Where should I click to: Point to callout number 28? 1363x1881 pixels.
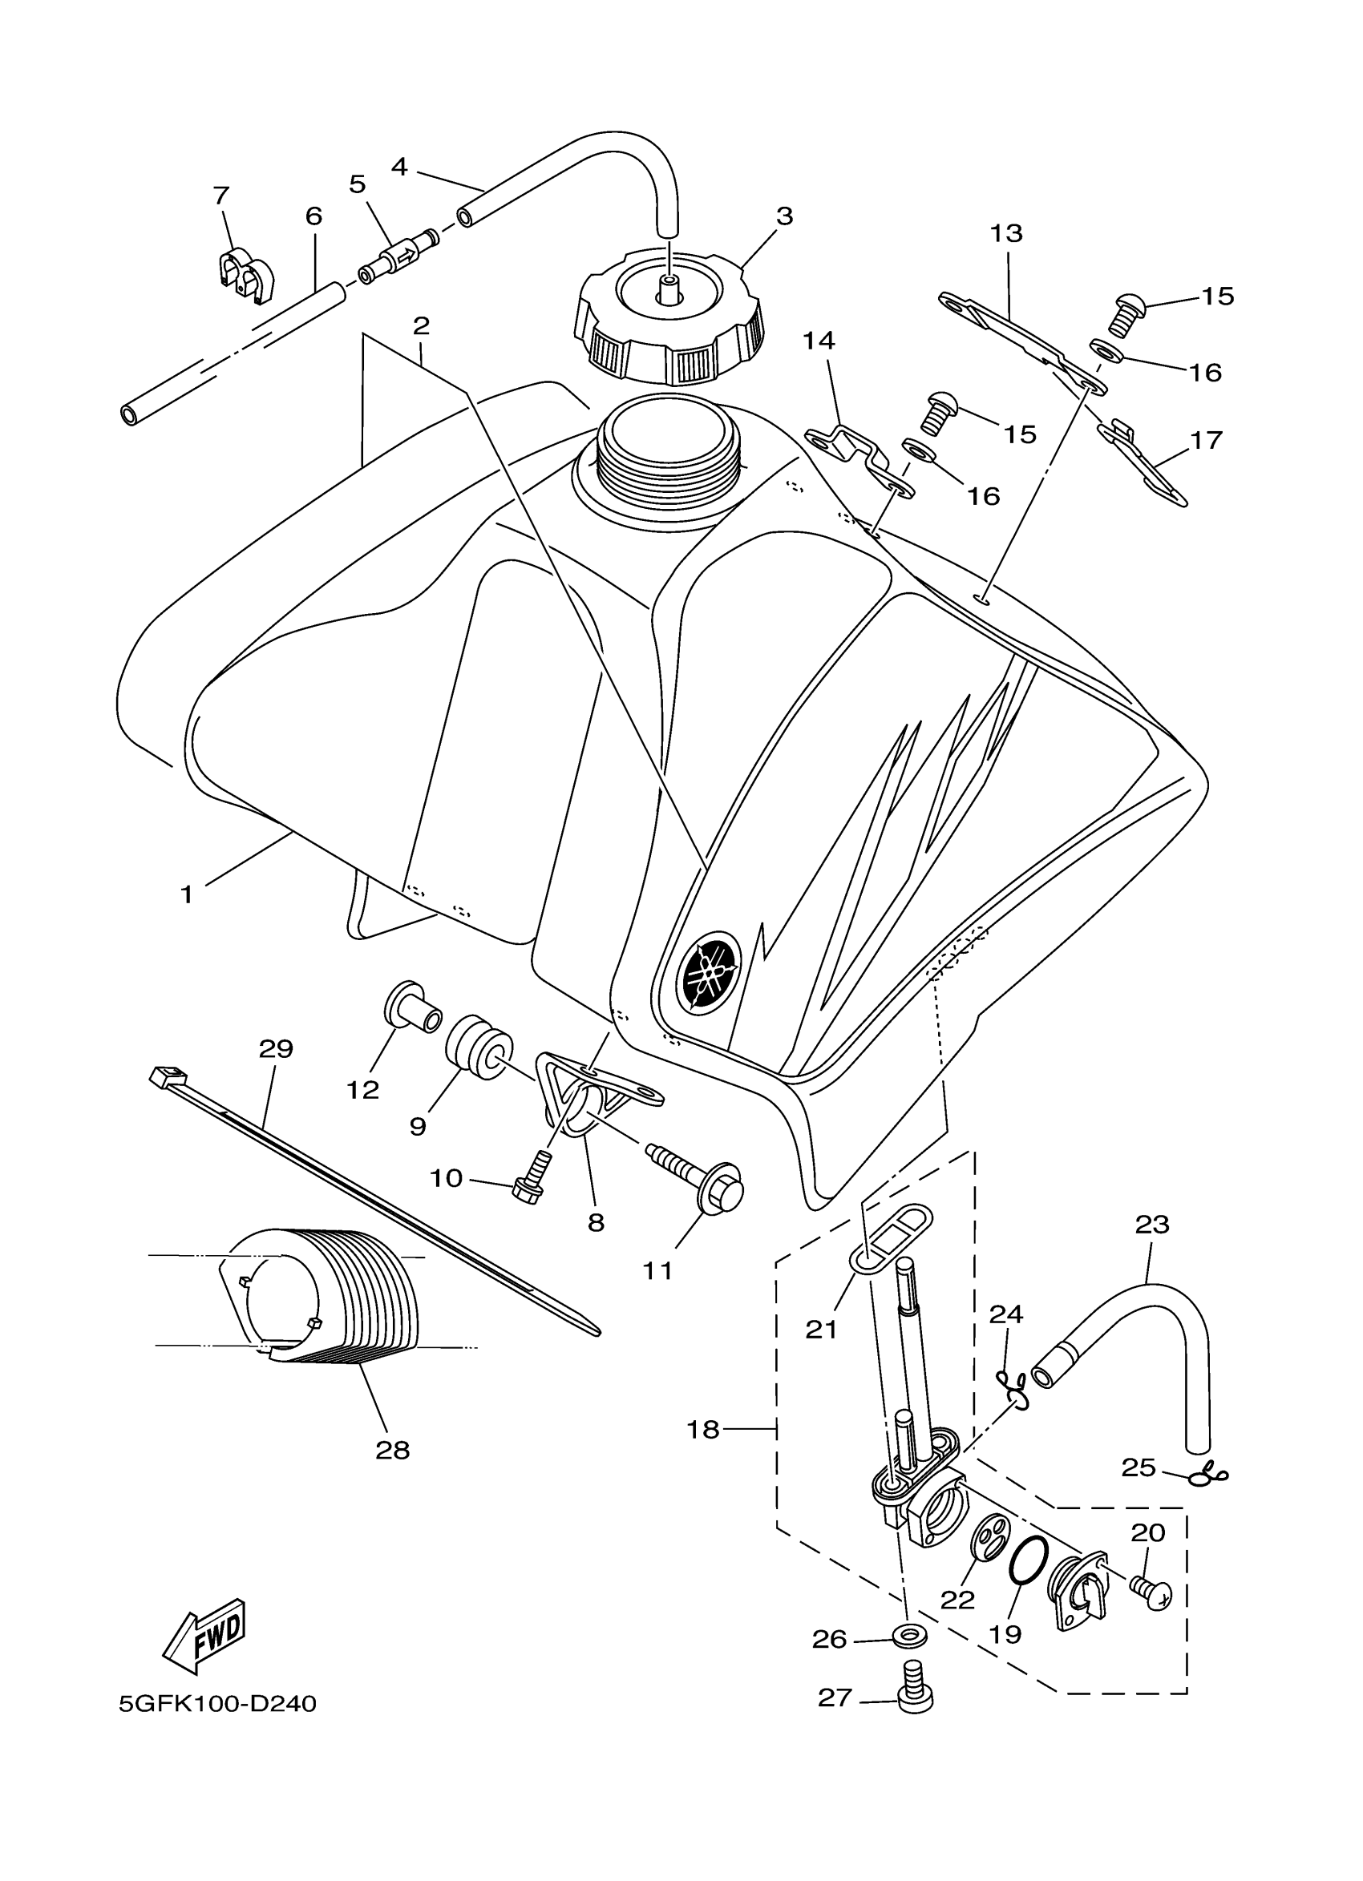pos(392,1450)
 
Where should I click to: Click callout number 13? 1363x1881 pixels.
pos(1006,234)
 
